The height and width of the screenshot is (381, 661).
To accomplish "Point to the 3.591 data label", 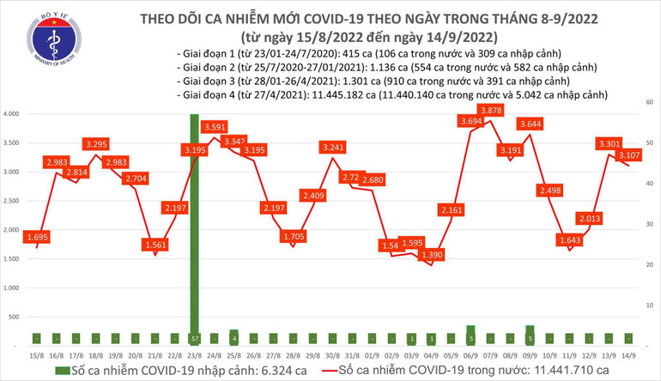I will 215,127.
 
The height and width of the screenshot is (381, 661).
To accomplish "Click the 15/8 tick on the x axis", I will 36,354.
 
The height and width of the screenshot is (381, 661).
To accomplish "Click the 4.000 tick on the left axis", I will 12,114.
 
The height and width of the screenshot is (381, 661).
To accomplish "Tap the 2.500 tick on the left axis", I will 12,201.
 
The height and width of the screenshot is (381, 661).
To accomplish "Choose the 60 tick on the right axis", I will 650,102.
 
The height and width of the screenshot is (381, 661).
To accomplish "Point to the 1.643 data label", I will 571,240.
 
